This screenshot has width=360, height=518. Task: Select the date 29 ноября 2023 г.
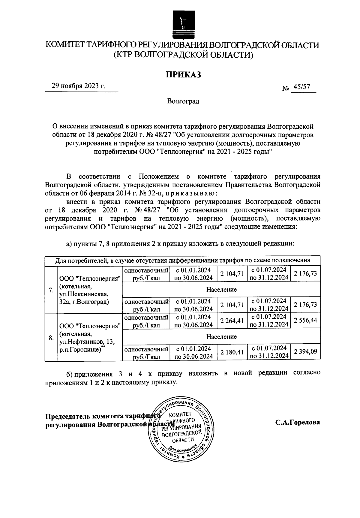(x=79, y=86)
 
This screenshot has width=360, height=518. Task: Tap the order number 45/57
(x=302, y=87)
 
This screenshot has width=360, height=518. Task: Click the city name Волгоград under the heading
(x=183, y=101)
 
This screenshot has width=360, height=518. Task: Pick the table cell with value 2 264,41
(x=231, y=321)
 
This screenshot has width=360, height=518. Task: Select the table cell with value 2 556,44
(x=305, y=321)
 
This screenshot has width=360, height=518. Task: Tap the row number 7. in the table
(x=51, y=290)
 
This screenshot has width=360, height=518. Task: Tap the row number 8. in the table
(x=51, y=338)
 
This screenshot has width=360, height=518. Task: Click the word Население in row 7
(x=221, y=290)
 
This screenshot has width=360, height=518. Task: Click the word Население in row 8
(x=221, y=336)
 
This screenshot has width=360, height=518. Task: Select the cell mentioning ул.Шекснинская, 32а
(x=90, y=290)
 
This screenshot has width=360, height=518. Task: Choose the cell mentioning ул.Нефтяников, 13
(x=90, y=338)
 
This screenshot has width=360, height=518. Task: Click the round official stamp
(x=181, y=429)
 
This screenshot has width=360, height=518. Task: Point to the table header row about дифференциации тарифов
(x=182, y=260)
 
